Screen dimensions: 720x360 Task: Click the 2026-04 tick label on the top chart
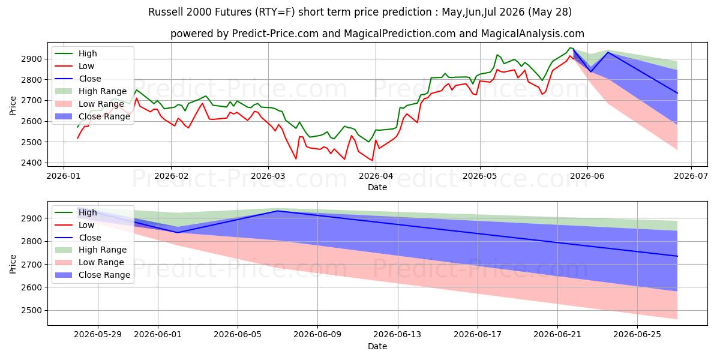pyautogui.click(x=376, y=176)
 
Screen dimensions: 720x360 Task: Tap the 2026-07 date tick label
pyautogui.click(x=691, y=176)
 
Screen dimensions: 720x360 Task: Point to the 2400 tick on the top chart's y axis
pyautogui.click(x=31, y=163)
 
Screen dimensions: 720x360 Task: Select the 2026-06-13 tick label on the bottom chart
pyautogui.click(x=397, y=335)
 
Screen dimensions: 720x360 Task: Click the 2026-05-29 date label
pyautogui.click(x=98, y=335)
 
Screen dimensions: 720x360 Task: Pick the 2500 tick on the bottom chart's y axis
pyautogui.click(x=31, y=311)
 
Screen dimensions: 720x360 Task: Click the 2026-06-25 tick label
pyautogui.click(x=637, y=335)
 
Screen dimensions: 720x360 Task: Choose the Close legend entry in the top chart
pyautogui.click(x=78, y=79)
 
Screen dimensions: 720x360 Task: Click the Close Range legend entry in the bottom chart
pyautogui.click(x=92, y=275)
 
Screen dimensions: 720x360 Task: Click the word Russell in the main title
pyautogui.click(x=165, y=12)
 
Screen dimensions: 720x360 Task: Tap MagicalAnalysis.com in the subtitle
pyautogui.click(x=533, y=34)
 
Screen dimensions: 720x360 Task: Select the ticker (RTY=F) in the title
pyautogui.click(x=274, y=12)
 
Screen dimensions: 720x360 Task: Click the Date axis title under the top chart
pyautogui.click(x=377, y=187)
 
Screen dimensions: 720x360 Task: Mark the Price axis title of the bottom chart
pyautogui.click(x=13, y=264)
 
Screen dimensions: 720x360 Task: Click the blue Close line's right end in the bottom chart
pyautogui.click(x=677, y=256)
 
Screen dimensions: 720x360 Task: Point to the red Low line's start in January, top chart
pyautogui.click(x=77, y=138)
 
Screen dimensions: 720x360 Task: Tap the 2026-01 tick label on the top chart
pyautogui.click(x=64, y=176)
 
